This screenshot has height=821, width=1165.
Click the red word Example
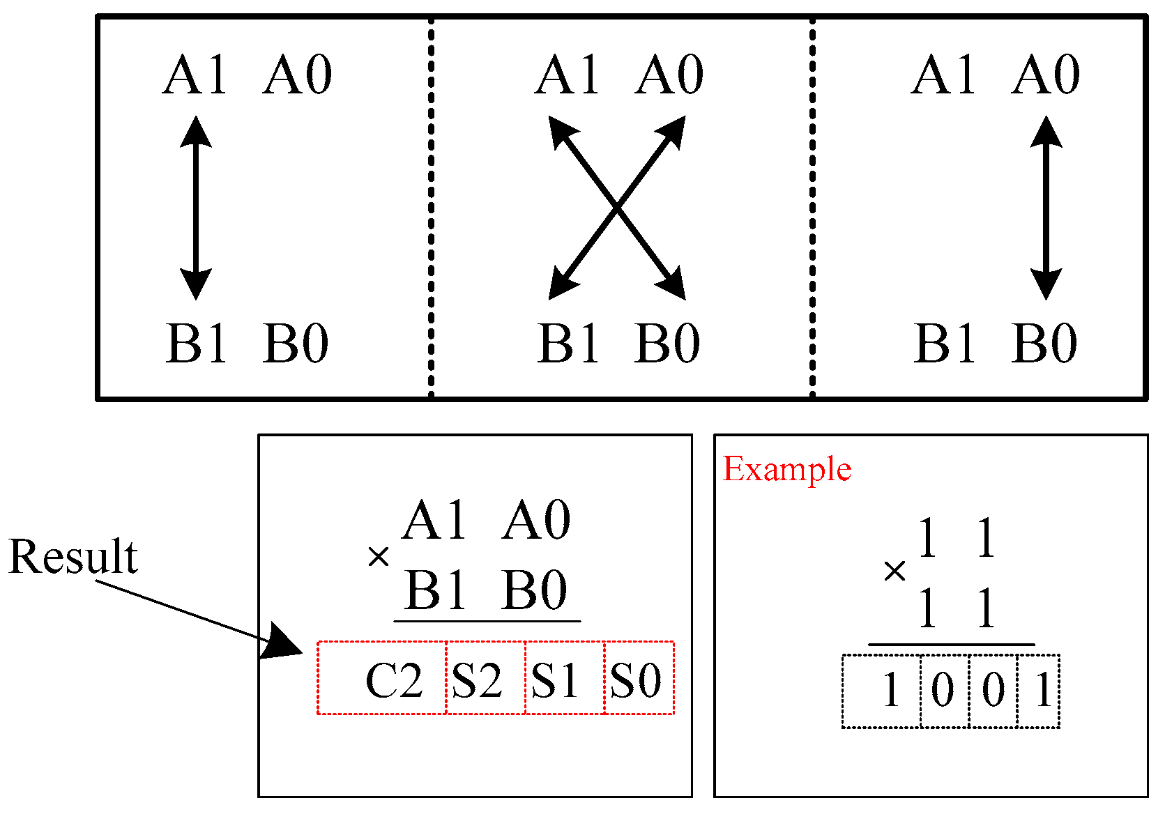click(786, 469)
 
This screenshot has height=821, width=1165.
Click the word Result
click(73, 557)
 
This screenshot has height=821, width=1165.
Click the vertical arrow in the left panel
click(196, 208)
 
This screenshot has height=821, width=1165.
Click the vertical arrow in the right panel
click(1046, 208)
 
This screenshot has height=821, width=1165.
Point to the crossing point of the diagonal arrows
click(617, 208)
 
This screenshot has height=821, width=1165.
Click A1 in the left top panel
click(196, 75)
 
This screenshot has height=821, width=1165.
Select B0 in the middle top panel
click(667, 344)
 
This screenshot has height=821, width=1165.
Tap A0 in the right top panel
click(1046, 75)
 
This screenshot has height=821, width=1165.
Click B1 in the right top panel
click(944, 344)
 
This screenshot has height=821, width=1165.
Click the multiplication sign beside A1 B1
click(379, 556)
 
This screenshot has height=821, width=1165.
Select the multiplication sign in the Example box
click(894, 571)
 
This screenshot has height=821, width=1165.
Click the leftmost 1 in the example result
click(891, 691)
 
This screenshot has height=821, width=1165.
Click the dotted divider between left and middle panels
click(431, 208)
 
